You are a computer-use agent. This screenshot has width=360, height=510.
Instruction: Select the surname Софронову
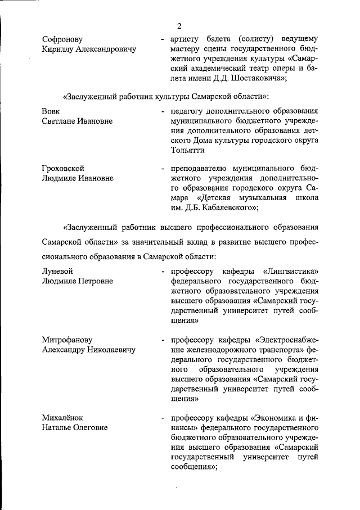pos(62,39)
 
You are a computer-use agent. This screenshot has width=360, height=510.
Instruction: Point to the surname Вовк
pos(52,111)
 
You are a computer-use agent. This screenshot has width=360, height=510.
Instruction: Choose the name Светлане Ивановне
pos(77,121)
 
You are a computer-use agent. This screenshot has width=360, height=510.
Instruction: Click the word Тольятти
pos(189,151)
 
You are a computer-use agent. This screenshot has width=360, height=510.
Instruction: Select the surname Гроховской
pos(65,168)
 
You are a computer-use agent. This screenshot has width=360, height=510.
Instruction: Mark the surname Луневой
pos(58,270)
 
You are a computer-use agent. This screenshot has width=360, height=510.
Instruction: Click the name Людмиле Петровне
pos(78,281)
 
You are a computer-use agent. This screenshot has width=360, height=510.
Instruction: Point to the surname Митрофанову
pos(67,340)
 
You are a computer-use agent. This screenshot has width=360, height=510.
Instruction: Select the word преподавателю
pos(201,168)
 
